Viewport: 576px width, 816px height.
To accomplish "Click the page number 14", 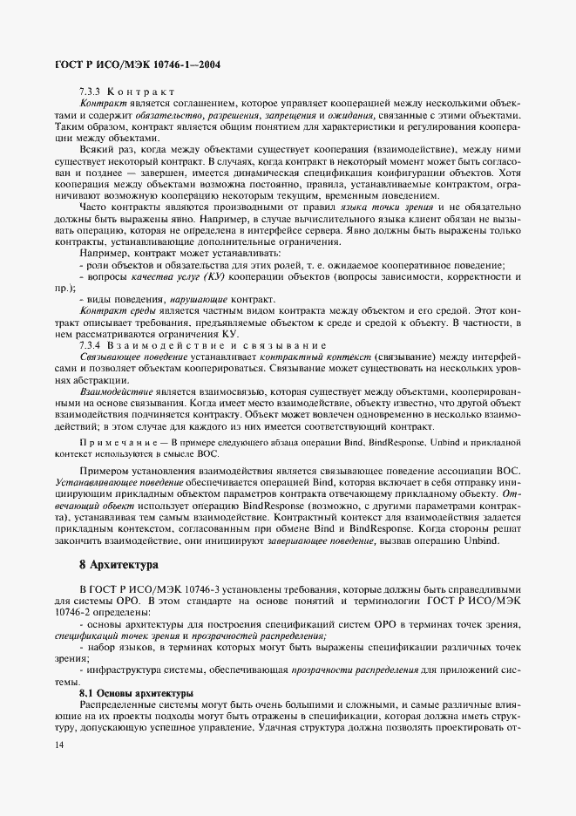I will [x=58, y=744].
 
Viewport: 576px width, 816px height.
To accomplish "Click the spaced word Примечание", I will [x=121, y=444].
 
